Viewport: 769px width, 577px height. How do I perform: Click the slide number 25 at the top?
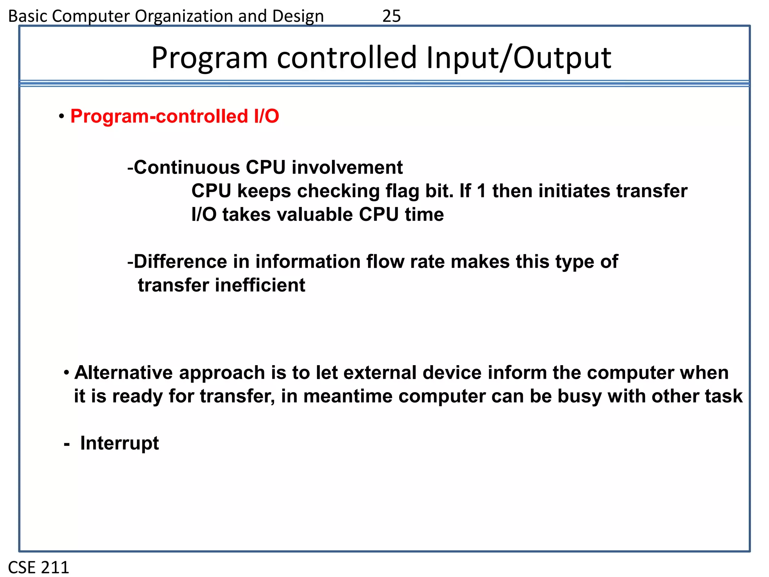[391, 16]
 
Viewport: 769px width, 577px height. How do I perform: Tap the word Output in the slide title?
[562, 58]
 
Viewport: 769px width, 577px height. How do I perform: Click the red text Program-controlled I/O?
[175, 116]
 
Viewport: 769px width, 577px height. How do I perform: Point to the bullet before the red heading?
[61, 116]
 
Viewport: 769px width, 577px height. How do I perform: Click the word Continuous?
[187, 167]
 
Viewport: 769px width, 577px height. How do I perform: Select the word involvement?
[347, 167]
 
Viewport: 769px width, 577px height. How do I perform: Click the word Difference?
[180, 261]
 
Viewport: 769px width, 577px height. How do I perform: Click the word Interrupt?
[119, 443]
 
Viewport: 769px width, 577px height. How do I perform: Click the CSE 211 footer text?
[39, 567]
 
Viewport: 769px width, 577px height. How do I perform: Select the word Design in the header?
[298, 16]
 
